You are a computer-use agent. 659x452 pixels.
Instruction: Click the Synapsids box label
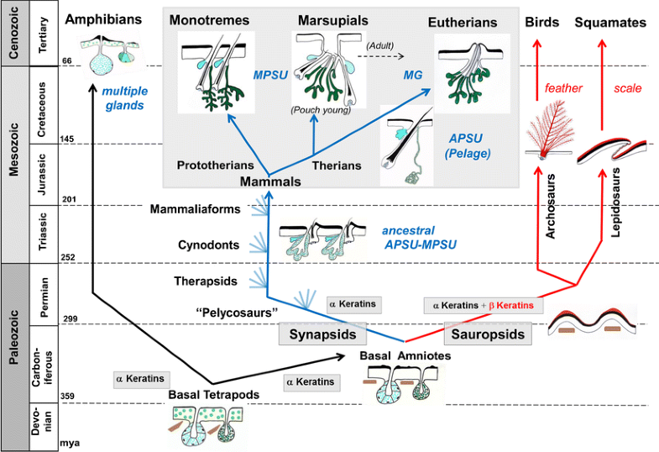coord(323,334)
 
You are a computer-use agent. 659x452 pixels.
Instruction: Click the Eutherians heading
coord(463,24)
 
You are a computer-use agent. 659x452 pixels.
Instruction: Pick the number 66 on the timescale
coord(68,61)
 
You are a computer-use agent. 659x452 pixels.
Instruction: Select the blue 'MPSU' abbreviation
coord(270,76)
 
